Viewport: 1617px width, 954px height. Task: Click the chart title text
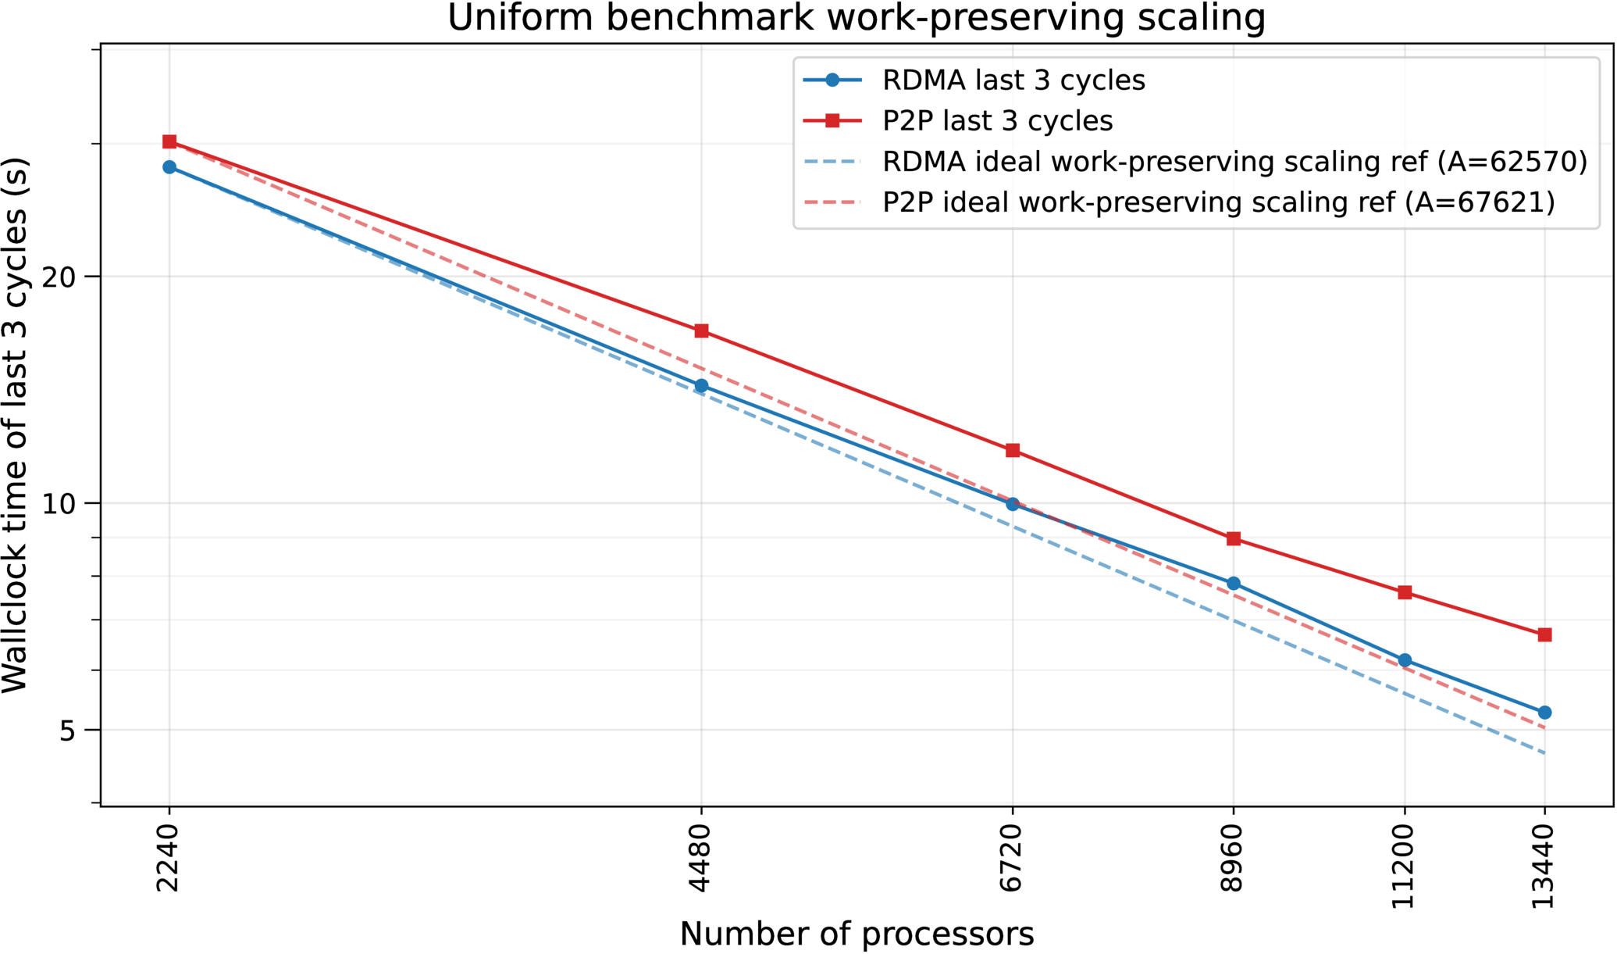(x=857, y=18)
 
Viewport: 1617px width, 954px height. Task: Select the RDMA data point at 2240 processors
(x=169, y=167)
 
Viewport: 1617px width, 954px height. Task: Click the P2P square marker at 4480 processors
(x=701, y=331)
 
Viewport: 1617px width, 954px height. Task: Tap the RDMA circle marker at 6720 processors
(x=1013, y=504)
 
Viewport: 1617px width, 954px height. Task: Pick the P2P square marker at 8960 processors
(x=1234, y=539)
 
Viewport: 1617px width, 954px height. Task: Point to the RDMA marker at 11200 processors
(x=1405, y=660)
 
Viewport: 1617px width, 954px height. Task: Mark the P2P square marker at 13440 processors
(x=1544, y=635)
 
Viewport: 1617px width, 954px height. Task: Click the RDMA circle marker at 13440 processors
(x=1544, y=713)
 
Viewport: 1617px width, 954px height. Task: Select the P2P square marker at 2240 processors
(x=169, y=141)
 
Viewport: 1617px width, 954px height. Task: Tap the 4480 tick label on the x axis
(x=700, y=858)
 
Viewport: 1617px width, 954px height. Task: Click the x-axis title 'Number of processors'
(x=857, y=934)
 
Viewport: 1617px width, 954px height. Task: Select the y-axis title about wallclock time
(x=15, y=425)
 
